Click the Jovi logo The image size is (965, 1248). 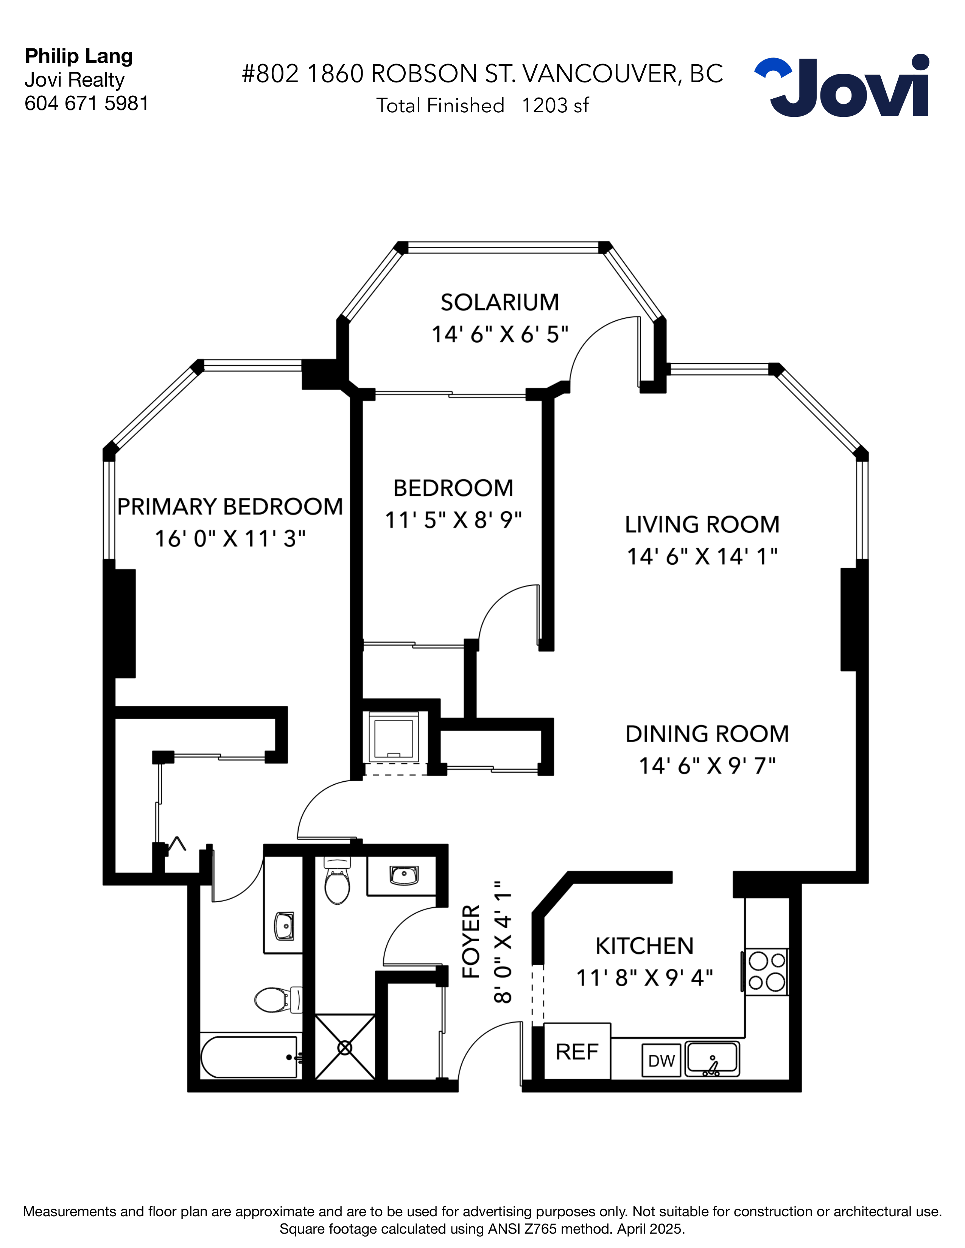842,87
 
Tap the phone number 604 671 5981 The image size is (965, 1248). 86,103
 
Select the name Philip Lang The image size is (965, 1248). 79,56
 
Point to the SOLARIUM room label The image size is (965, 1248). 499,302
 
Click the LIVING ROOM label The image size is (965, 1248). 702,525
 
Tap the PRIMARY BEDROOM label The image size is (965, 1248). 230,507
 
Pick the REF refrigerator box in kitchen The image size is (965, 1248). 577,1052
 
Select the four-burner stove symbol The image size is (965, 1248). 766,972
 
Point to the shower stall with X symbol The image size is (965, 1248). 345,1048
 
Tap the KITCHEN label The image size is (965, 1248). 644,946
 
